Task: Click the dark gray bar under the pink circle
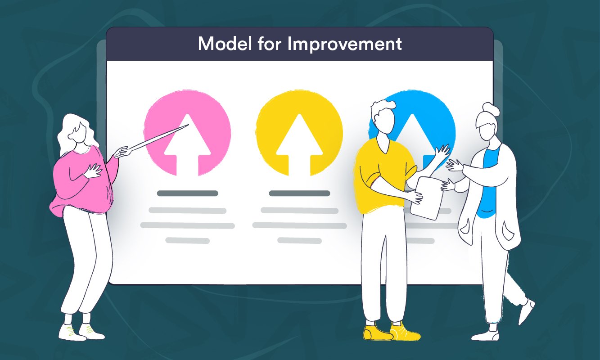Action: tap(187, 193)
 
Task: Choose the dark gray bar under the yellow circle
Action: tap(299, 193)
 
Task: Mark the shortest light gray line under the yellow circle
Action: tap(299, 241)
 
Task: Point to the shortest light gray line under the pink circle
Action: tap(187, 241)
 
